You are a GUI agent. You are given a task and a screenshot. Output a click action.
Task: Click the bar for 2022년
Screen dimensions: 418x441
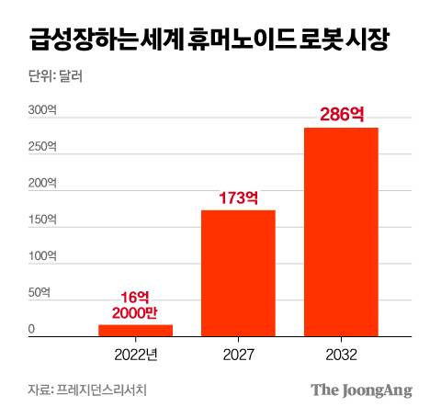click(x=135, y=331)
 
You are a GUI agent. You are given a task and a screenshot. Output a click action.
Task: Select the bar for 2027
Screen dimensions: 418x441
click(x=238, y=273)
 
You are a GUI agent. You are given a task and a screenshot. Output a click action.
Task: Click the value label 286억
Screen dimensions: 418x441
click(x=341, y=116)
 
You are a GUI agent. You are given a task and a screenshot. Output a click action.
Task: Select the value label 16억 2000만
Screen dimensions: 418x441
click(x=135, y=305)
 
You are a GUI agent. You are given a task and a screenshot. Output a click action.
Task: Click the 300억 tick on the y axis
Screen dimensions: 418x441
click(x=42, y=110)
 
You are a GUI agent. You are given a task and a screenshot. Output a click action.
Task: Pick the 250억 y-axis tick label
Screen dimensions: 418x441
click(x=42, y=146)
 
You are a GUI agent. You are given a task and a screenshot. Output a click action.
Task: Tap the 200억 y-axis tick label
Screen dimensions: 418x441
click(x=42, y=183)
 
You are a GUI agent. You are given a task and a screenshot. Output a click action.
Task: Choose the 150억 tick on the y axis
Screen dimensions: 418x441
click(x=42, y=220)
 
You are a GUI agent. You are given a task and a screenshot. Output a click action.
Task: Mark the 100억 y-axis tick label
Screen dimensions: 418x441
click(x=42, y=256)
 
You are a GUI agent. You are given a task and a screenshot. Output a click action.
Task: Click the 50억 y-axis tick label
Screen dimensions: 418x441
click(x=40, y=293)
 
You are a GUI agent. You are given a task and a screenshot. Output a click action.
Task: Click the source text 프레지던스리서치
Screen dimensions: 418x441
click(x=101, y=390)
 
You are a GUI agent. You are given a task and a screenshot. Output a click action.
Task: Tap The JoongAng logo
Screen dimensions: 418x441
click(x=360, y=390)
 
